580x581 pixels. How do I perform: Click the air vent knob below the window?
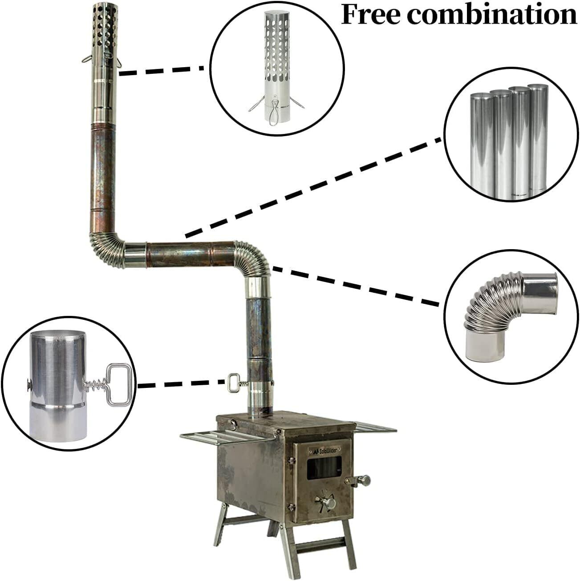[x=330, y=503]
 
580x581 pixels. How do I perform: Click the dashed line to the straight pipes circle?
[x=312, y=187]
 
